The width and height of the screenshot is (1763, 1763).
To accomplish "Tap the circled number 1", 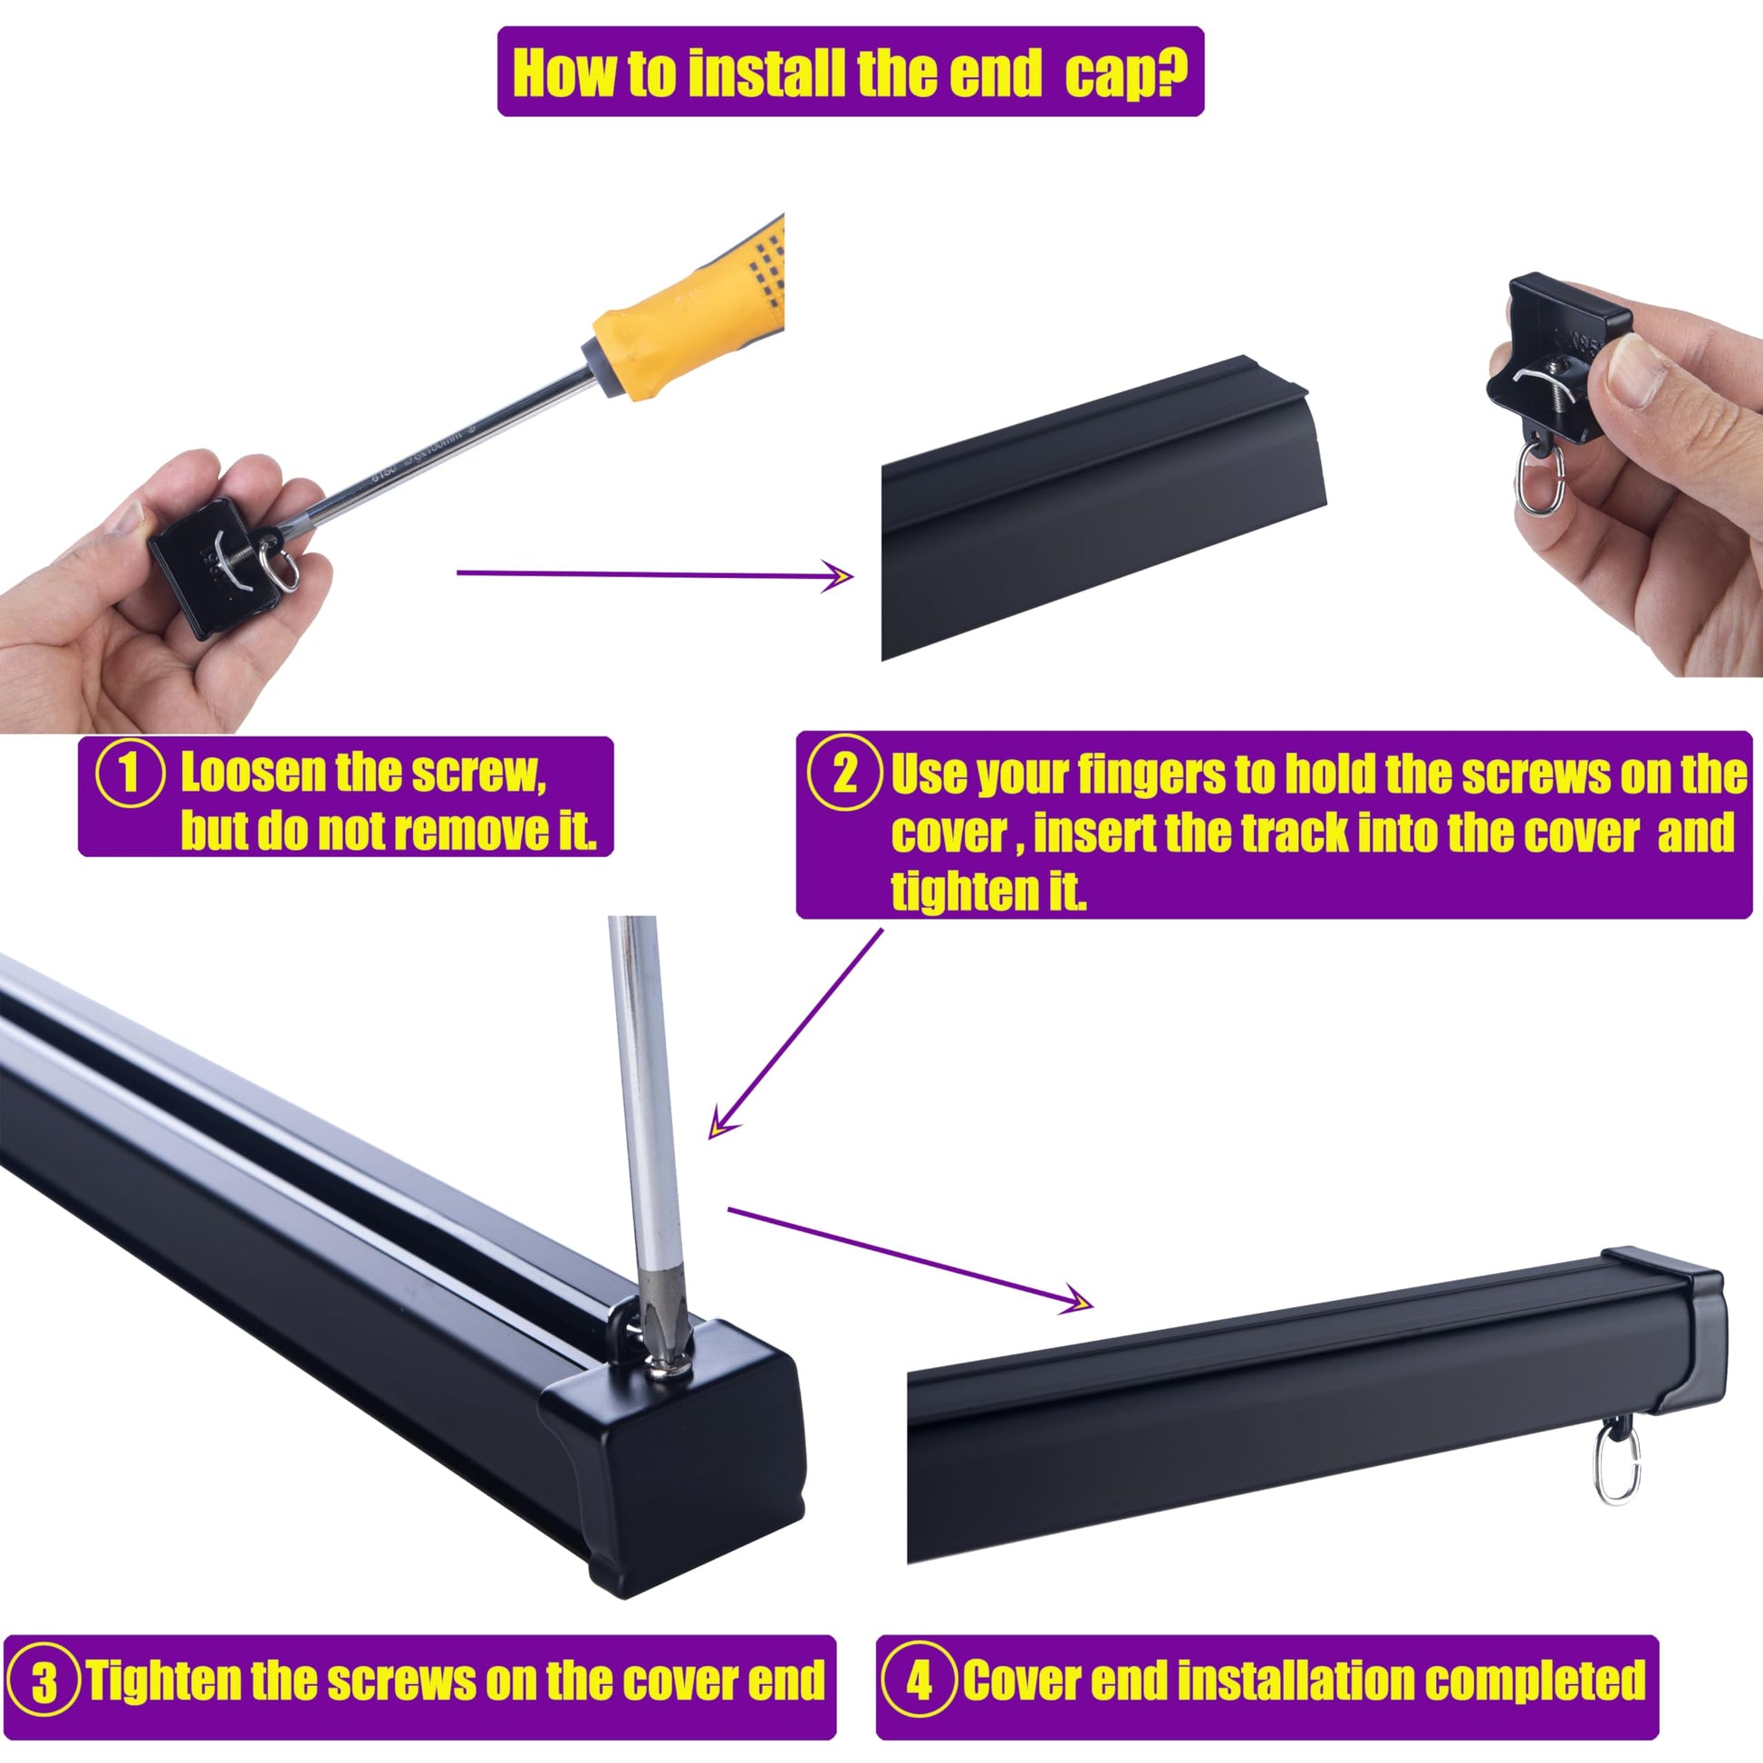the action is coord(130,774).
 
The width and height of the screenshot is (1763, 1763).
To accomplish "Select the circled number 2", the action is coord(845,773).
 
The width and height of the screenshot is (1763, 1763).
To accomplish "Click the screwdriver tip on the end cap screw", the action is coord(664,1337).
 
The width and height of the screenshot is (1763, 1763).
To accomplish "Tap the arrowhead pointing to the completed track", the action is coord(1076,1299).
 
